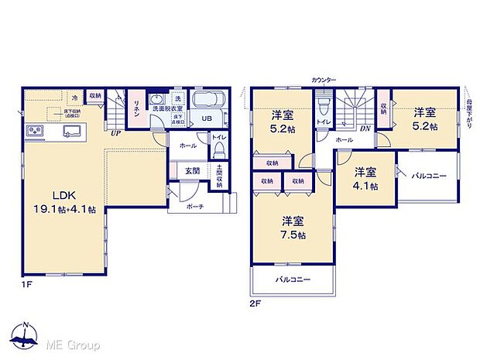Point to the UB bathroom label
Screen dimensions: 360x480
click(206, 118)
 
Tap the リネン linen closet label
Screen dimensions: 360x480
click(135, 109)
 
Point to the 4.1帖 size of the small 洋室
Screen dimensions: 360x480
click(362, 187)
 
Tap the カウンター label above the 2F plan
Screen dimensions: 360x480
click(324, 80)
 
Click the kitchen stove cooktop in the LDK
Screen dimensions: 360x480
click(33, 129)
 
